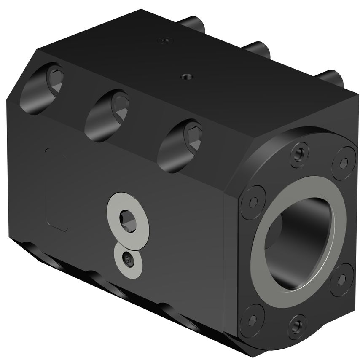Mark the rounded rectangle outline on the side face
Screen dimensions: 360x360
[56, 189]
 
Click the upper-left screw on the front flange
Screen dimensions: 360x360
[253, 198]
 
